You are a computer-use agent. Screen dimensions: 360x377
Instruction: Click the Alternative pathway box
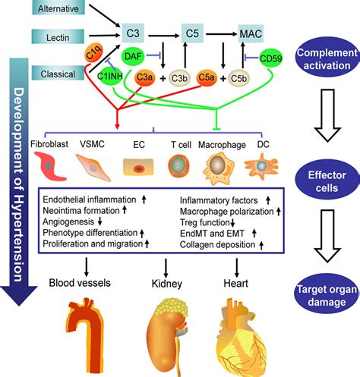(58, 8)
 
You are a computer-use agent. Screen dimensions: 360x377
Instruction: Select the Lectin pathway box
(58, 37)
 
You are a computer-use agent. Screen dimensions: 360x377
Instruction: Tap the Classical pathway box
(58, 73)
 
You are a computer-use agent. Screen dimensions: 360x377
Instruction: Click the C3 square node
(133, 33)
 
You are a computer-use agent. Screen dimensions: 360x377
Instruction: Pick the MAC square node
(251, 33)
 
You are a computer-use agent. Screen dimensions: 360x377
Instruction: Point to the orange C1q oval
(94, 53)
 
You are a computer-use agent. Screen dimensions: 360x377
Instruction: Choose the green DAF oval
(133, 55)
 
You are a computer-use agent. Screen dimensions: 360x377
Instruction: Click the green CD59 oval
(270, 58)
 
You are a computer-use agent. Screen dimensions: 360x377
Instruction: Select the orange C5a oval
(207, 77)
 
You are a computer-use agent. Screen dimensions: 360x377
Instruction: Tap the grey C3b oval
(179, 78)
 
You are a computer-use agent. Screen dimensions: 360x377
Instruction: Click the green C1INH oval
(110, 76)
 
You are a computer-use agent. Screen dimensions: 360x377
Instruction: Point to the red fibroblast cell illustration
(49, 166)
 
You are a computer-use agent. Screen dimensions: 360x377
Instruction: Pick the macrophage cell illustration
(219, 166)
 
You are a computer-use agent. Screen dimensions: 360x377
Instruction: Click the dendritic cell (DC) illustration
(261, 166)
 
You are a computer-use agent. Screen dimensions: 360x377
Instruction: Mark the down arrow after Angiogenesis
(99, 221)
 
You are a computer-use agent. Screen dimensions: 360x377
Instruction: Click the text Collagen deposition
(217, 244)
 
